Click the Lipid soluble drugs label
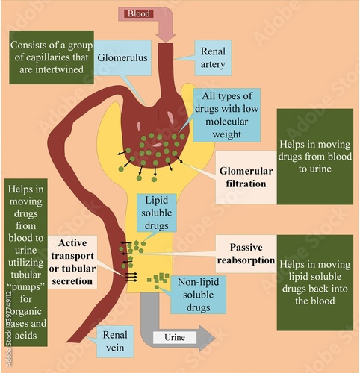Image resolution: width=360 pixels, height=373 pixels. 156,211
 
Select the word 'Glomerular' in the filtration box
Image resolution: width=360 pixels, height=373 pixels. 244,171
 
